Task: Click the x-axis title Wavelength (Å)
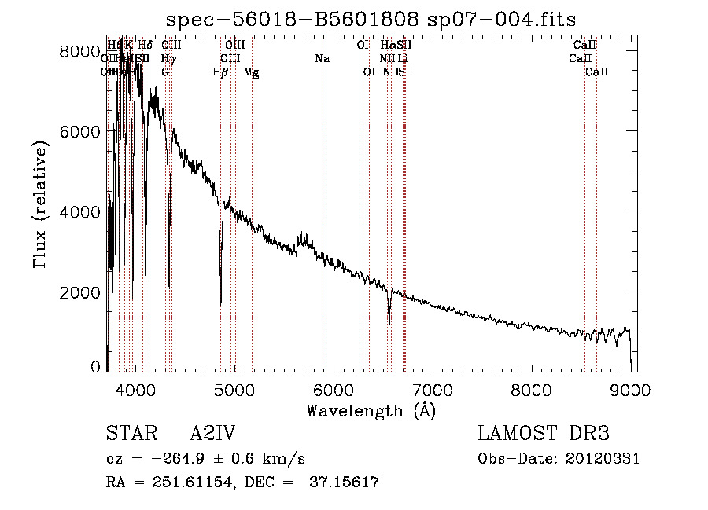pos(371,410)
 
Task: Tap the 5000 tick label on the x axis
pos(234,389)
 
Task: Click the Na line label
pos(322,59)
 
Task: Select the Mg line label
pos(252,72)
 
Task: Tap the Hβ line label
pos(221,72)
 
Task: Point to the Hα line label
pos(388,46)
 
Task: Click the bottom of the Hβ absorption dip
pos(220,303)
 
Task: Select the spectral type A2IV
pos(212,434)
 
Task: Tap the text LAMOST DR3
pos(544,434)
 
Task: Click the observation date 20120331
pos(602,458)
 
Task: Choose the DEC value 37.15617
pos(342,482)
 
